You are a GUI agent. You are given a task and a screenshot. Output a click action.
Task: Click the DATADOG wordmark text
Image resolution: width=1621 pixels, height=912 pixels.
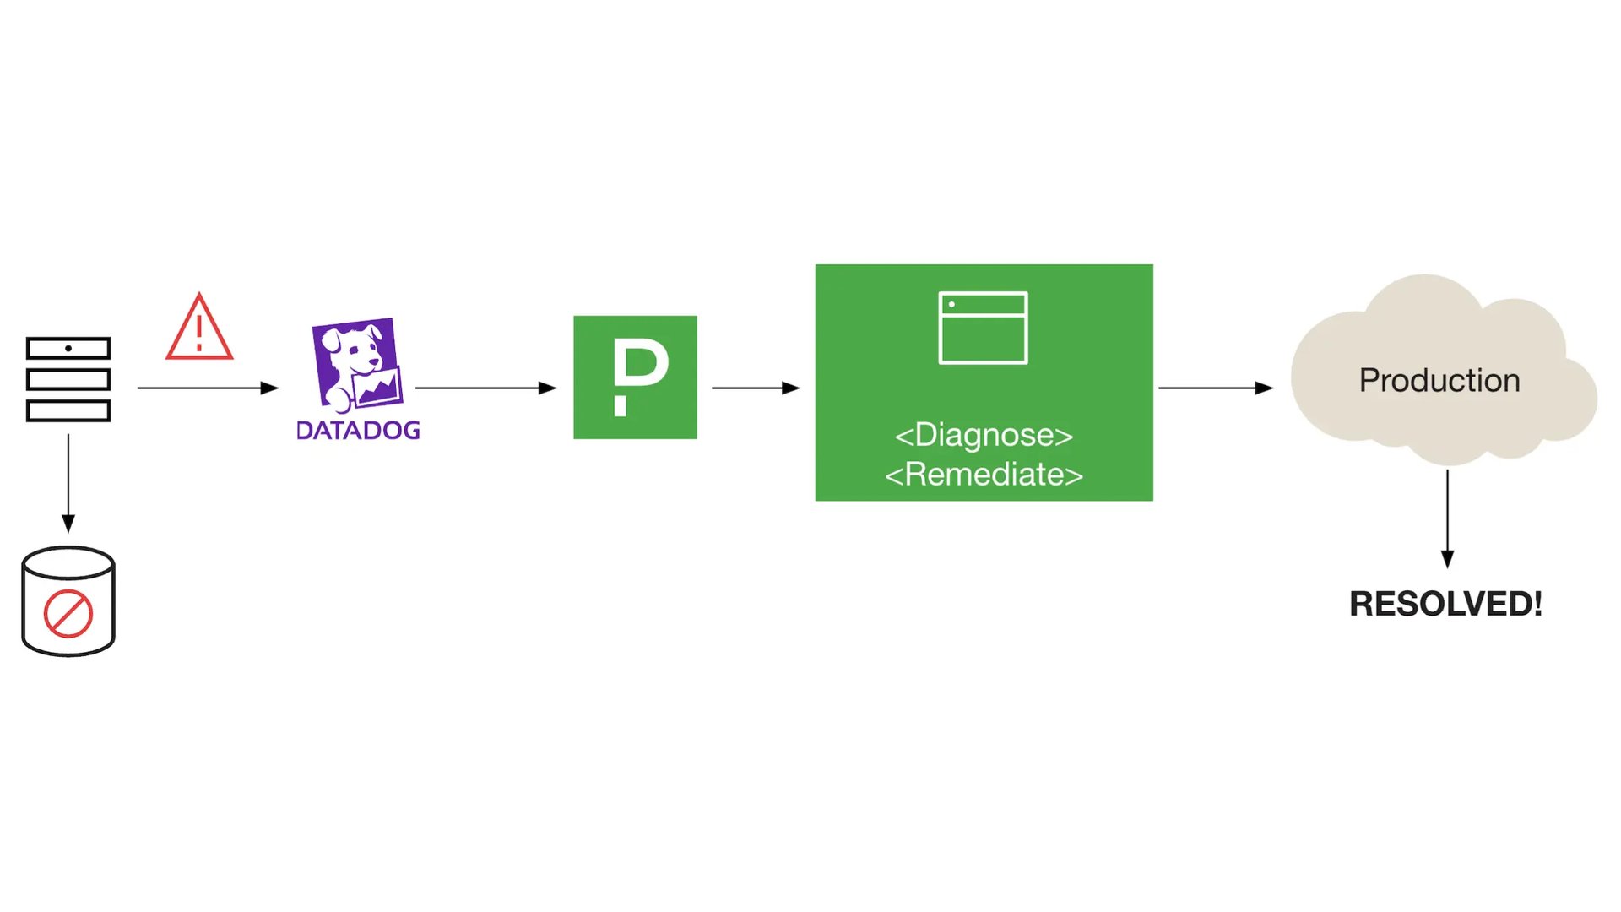tap(358, 430)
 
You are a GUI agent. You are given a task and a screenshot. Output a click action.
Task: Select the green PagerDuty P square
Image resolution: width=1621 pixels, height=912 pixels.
tap(635, 377)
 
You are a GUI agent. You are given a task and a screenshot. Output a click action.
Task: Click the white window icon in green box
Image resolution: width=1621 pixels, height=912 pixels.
tap(983, 328)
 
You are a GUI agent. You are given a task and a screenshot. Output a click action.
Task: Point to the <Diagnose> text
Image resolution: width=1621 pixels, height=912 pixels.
tap(984, 435)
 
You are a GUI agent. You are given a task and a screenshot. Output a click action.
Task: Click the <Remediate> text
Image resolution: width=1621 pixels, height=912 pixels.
tap(984, 475)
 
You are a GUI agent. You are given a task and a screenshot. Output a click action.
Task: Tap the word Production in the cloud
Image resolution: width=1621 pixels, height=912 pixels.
tap(1439, 380)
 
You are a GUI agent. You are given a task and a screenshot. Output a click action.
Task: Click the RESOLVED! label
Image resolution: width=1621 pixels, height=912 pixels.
tap(1445, 604)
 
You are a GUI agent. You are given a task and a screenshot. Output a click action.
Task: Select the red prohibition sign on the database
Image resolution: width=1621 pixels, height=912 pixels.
tap(68, 614)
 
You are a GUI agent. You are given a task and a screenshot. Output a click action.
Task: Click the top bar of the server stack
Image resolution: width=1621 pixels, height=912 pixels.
tap(68, 348)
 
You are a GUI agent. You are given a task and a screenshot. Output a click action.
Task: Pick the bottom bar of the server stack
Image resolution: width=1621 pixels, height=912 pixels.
tap(68, 411)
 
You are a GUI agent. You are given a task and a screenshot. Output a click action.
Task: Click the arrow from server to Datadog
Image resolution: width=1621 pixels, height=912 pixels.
tap(208, 388)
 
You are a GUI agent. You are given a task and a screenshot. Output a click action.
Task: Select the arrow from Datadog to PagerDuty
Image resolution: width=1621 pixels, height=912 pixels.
tap(486, 388)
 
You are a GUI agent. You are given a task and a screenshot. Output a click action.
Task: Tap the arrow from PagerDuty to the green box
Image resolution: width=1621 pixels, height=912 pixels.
tap(756, 388)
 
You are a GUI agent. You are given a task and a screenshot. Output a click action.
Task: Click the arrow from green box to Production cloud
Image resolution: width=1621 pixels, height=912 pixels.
tap(1216, 388)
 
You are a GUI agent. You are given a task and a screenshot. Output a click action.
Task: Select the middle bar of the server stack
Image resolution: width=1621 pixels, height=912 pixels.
tap(68, 379)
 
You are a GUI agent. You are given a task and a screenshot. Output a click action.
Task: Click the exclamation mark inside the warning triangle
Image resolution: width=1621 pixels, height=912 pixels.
tap(199, 333)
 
